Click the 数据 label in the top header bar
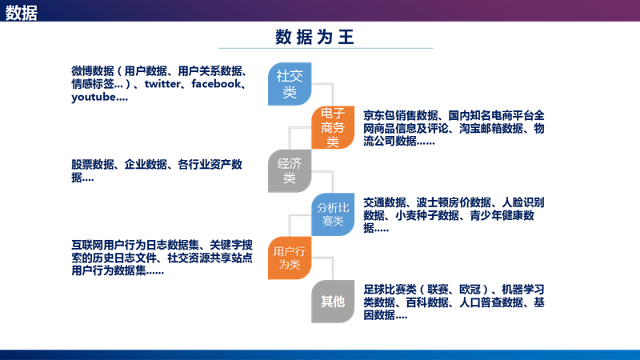(22, 12)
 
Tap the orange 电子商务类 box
(334, 127)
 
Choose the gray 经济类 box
(289, 170)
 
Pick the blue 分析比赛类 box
(334, 214)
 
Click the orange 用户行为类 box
(289, 258)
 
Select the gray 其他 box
(334, 301)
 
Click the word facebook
(218, 84)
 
